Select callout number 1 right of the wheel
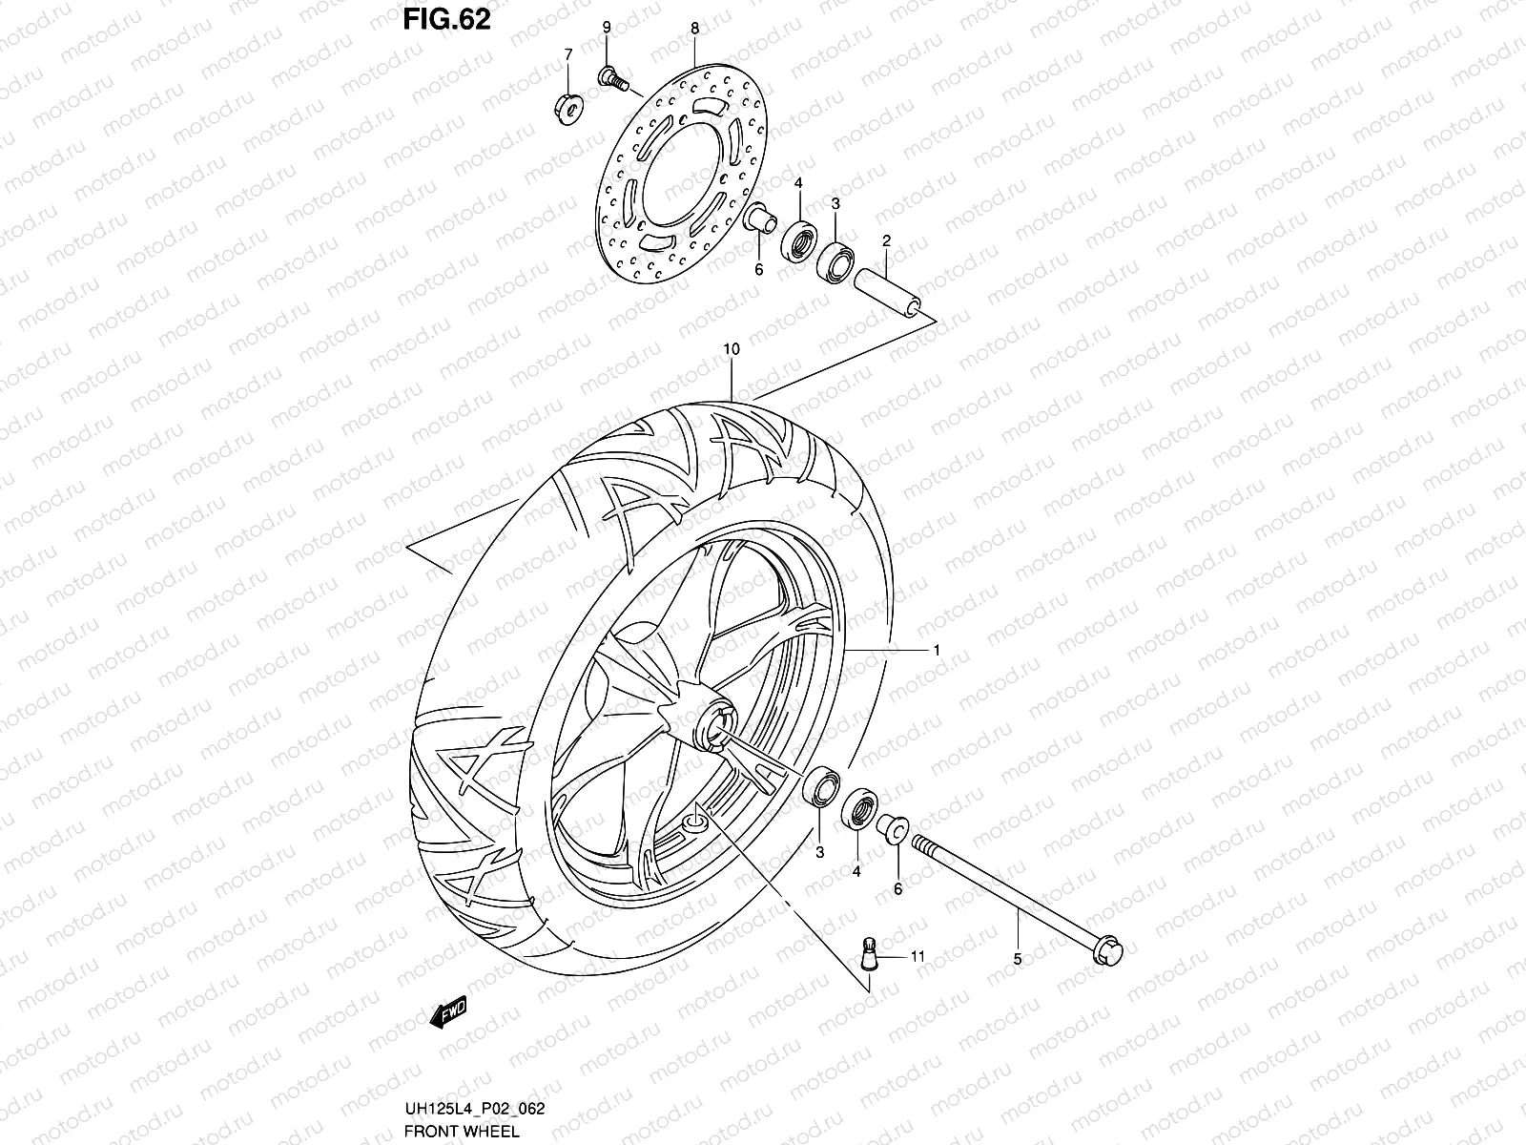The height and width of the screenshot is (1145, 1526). tap(937, 650)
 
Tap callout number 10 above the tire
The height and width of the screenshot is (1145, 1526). tap(731, 350)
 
